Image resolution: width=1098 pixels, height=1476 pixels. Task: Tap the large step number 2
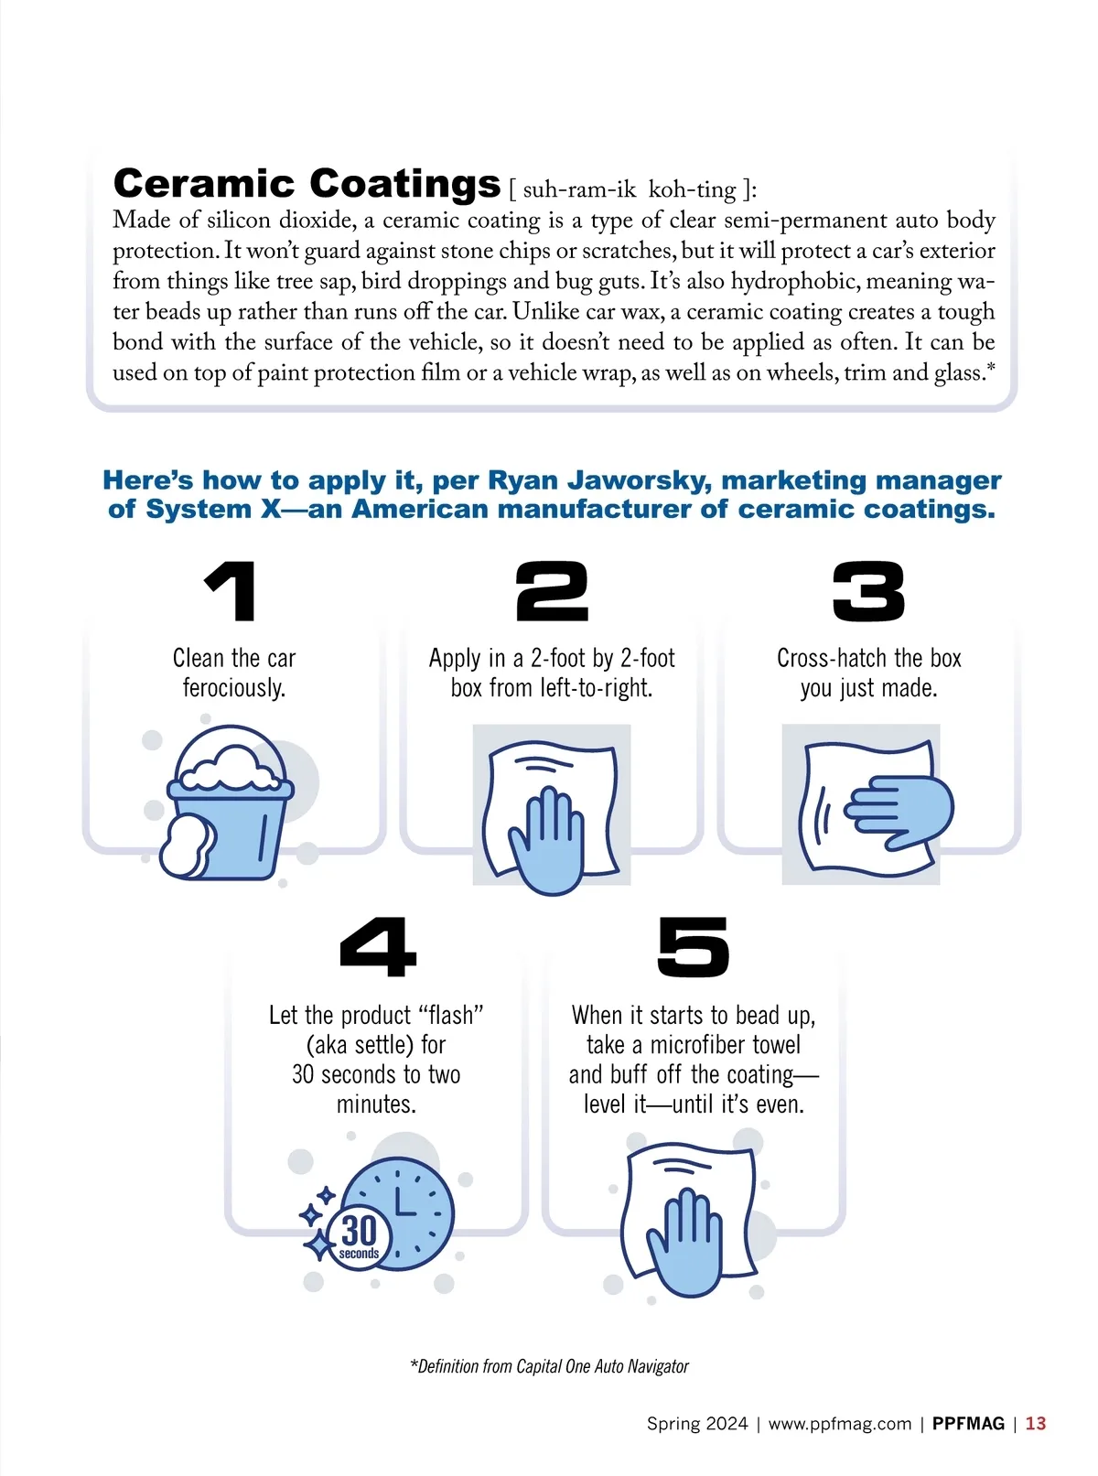[x=552, y=591]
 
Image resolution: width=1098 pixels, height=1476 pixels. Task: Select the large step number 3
[x=868, y=591]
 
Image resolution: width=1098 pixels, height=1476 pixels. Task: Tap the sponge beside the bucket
[x=187, y=846]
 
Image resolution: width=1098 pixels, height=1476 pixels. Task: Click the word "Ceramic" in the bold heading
[x=204, y=183]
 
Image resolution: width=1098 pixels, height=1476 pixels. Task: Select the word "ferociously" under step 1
[x=233, y=687]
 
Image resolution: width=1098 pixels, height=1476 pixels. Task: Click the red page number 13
[x=1036, y=1424]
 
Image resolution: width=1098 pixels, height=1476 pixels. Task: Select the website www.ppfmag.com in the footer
[x=840, y=1424]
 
